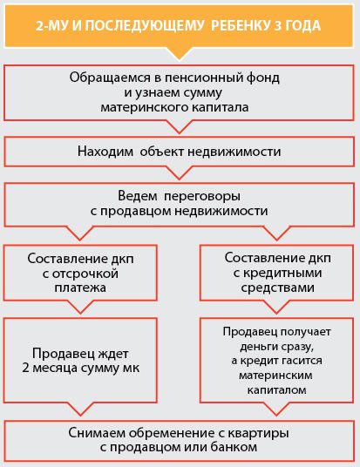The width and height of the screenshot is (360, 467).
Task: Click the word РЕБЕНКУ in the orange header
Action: (241, 25)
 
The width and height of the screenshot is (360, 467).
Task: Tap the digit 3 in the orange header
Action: (278, 25)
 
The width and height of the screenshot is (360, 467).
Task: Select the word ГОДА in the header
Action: (303, 25)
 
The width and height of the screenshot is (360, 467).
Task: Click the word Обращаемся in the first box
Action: (110, 78)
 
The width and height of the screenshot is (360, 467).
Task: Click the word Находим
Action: (105, 152)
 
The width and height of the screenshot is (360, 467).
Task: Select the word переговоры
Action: (202, 196)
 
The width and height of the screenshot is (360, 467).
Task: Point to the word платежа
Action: (80, 288)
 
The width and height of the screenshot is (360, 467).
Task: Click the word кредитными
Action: (282, 274)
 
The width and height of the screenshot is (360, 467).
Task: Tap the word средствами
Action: (278, 288)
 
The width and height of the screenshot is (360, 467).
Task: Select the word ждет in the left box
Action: (113, 354)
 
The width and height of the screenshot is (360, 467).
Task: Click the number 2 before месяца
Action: (25, 369)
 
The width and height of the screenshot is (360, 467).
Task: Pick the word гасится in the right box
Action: (301, 361)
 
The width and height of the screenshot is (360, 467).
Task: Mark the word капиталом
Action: (277, 389)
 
